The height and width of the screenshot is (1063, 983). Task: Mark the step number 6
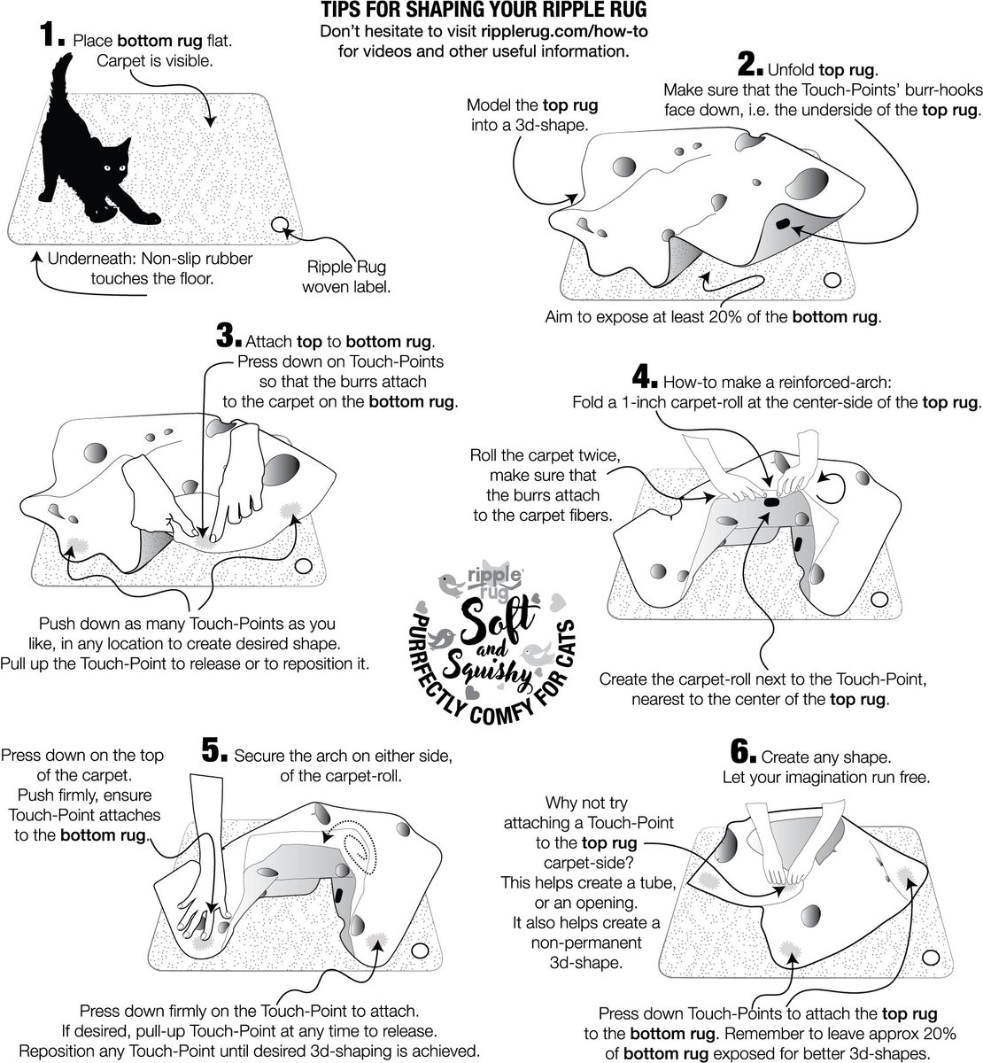pyautogui.click(x=742, y=754)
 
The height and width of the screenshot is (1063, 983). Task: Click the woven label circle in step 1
pyautogui.click(x=283, y=226)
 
